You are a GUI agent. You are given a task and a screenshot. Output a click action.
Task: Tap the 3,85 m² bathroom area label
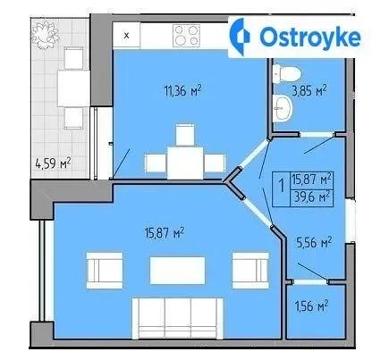click(x=309, y=90)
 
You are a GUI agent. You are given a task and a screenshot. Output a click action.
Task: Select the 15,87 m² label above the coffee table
click(x=164, y=233)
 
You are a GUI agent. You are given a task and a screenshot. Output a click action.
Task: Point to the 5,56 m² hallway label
click(x=314, y=243)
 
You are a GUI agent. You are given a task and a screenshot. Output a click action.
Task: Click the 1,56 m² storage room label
click(x=311, y=306)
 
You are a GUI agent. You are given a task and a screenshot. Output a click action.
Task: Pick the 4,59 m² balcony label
click(x=53, y=163)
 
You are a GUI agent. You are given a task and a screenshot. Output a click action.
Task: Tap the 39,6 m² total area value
click(x=312, y=197)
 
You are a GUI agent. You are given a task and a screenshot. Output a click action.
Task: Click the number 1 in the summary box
click(x=281, y=187)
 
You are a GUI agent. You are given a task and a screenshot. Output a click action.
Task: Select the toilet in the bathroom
click(x=287, y=73)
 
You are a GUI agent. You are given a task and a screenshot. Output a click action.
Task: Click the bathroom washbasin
click(x=283, y=108)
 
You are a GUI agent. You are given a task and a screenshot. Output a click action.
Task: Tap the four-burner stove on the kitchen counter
click(x=187, y=35)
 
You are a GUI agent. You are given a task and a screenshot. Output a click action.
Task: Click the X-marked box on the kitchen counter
click(x=127, y=36)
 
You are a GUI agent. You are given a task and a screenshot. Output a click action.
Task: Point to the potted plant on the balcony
click(x=46, y=36)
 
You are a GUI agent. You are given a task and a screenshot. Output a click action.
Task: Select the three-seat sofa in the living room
click(x=178, y=318)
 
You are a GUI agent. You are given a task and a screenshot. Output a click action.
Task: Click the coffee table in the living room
click(x=178, y=271)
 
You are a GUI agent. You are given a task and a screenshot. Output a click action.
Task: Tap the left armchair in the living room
click(x=105, y=271)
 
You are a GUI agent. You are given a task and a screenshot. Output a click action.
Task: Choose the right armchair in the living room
click(x=250, y=271)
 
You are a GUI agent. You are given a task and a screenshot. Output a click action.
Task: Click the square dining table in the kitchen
click(x=185, y=163)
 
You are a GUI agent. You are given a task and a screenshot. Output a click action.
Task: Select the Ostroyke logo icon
click(x=240, y=37)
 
